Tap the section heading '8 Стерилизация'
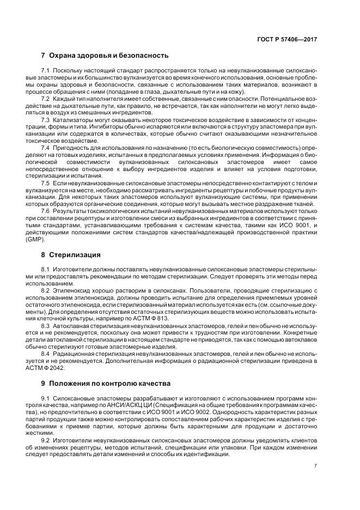(71, 254)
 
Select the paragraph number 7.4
(46, 148)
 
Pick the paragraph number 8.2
(46, 292)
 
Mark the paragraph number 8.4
(46, 354)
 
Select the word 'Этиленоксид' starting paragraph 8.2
(70, 292)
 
